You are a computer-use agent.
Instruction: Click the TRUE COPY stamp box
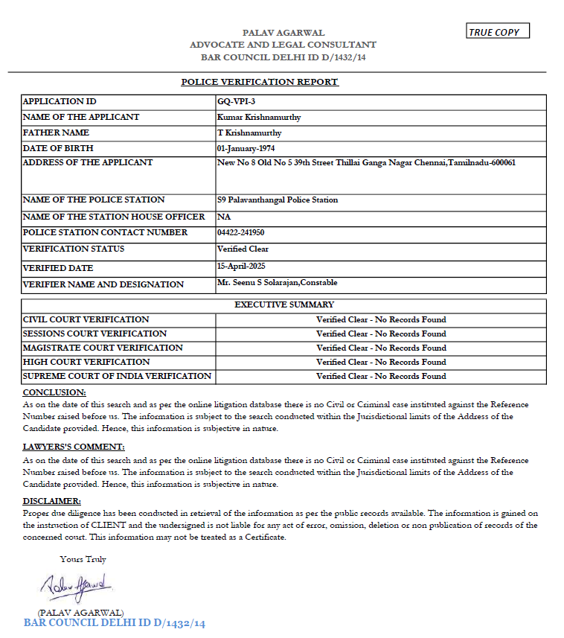[498, 31]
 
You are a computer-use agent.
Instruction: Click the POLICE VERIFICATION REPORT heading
[260, 82]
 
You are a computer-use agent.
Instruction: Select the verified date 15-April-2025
[241, 266]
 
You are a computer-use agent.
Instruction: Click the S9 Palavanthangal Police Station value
[278, 200]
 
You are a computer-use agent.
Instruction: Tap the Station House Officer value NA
[223, 217]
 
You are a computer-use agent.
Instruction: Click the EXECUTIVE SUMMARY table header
[284, 304]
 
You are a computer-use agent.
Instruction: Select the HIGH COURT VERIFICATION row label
[86, 362]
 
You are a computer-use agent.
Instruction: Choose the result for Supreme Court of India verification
[381, 376]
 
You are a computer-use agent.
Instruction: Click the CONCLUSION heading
[54, 392]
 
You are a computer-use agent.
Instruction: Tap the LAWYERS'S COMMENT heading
[74, 447]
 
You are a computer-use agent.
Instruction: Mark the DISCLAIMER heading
[52, 501]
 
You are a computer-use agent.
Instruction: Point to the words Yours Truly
[83, 559]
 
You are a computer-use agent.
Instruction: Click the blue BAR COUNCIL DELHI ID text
[114, 622]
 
